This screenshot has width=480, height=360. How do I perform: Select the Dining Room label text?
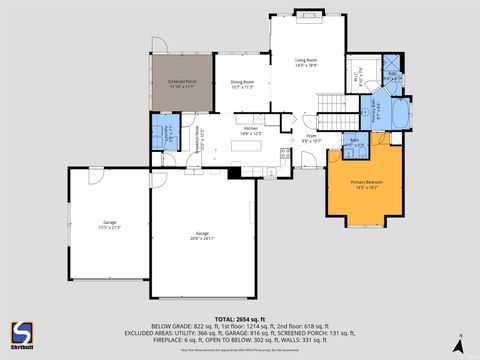[x=242, y=83]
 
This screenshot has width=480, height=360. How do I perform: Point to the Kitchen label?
[x=250, y=130]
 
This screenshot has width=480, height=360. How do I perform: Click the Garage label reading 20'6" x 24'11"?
[x=202, y=236]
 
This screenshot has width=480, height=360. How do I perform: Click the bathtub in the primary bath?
[x=399, y=115]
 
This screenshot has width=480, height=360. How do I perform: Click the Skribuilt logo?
[x=20, y=334]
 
